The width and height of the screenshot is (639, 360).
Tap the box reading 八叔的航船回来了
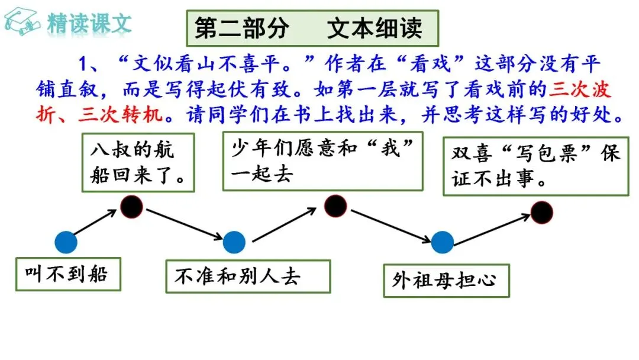pos(139,161)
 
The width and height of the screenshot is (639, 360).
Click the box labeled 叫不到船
pos(68,274)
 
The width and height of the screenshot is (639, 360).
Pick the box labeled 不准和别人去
pos(247,275)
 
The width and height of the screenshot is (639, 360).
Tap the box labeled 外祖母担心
pos(446,280)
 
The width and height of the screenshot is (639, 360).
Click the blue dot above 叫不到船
pos(66,242)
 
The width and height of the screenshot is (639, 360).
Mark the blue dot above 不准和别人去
pos(234,242)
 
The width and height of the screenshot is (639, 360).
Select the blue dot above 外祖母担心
pos(443,242)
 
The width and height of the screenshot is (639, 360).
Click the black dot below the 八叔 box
pos(131,206)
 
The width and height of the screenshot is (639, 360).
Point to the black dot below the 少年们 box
pos(335,205)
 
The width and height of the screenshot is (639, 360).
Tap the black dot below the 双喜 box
pos(541,212)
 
